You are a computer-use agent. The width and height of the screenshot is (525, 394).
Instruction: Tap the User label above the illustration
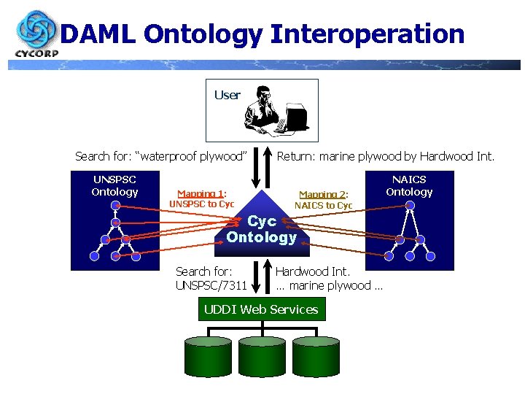227,95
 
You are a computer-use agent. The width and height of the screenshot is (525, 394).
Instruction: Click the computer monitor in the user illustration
297,116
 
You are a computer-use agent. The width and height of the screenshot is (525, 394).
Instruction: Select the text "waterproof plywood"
192,156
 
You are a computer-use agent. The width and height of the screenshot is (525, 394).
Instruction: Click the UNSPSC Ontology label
114,185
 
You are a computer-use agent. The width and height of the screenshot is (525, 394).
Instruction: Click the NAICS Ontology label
409,185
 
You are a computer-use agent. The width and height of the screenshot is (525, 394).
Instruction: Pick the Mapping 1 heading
202,193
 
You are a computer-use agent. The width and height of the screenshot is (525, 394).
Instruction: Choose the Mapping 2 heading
323,195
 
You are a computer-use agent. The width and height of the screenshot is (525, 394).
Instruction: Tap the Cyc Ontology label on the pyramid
262,229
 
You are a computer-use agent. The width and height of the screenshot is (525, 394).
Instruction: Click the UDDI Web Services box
261,309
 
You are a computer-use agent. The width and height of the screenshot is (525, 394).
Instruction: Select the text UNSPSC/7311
211,285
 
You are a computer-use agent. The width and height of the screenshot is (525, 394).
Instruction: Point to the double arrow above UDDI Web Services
260,278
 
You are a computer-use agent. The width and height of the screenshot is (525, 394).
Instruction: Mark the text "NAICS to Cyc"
323,206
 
